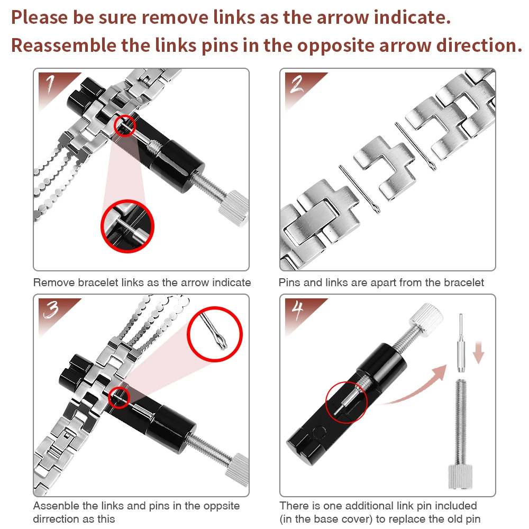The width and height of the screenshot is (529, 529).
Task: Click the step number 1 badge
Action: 54,86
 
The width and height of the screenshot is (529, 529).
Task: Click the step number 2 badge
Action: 300,86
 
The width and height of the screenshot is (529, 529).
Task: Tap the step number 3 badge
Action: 54,312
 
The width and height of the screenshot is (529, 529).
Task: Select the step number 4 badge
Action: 300,312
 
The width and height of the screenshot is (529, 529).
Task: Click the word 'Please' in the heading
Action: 40,17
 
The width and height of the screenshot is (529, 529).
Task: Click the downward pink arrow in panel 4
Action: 478,352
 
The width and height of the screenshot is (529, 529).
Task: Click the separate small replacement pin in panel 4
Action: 461,343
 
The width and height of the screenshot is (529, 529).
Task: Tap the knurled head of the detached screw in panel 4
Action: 460,477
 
